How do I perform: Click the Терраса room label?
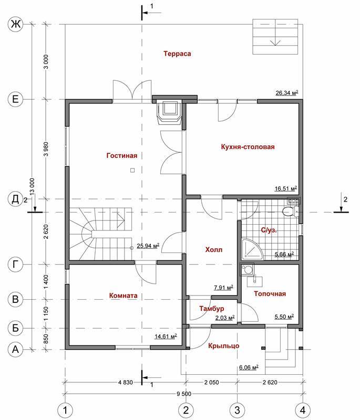177,54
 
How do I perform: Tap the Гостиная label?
122,155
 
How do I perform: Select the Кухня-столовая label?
248,147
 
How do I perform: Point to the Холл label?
214,250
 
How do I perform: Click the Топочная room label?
270,293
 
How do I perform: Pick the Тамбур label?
211,309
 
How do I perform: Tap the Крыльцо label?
223,346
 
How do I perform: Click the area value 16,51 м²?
286,188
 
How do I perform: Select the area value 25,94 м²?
148,245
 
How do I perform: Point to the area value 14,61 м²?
166,336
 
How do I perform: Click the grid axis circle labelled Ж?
16,25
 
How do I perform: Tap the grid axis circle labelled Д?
16,199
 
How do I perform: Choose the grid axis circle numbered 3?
237,410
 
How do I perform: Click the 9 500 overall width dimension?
184,394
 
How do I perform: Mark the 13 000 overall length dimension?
32,186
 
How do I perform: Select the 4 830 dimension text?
126,382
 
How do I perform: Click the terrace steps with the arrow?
275,36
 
